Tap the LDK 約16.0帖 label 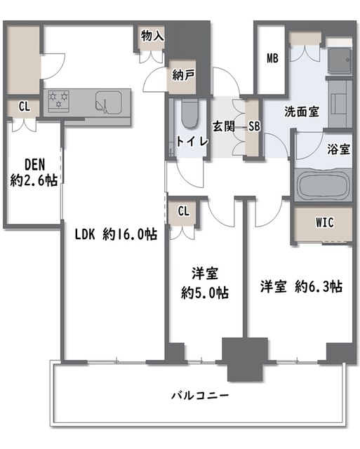tap(116, 234)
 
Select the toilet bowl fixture tap(190, 114)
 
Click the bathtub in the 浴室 tap(323, 185)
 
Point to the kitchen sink tap(109, 102)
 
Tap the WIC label tap(325, 222)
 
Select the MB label tap(272, 58)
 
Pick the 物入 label tap(153, 36)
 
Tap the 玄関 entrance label tap(223, 126)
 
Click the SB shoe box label tap(254, 126)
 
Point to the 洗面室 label tap(302, 112)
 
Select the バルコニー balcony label tap(200, 396)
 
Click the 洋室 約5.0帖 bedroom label tap(205, 283)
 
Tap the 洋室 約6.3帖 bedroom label tap(301, 286)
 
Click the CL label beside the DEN tap(25, 107)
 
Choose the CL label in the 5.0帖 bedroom tap(184, 211)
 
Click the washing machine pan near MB tap(340, 60)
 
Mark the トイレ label tap(192, 142)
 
